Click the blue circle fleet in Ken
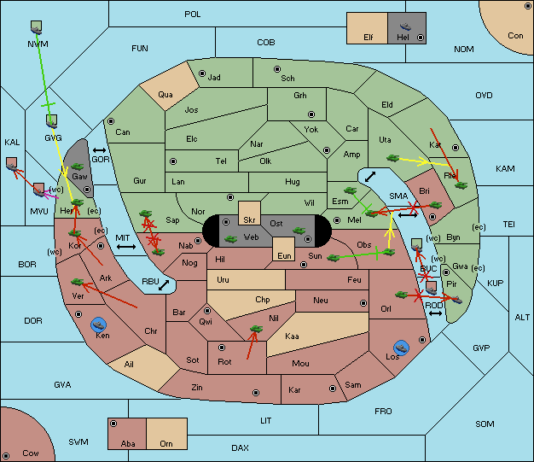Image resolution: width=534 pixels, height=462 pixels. pos(99,325)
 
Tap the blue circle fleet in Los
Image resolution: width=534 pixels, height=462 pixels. pos(402,348)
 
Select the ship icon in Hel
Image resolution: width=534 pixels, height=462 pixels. pos(405,26)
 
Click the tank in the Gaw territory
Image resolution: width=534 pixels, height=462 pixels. pos(78,167)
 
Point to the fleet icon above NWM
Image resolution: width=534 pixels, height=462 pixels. pos(36,27)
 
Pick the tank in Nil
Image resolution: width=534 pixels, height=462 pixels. pos(256,329)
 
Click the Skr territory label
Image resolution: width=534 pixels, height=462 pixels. pos(249,220)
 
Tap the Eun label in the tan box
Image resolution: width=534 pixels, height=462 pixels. pos(284,255)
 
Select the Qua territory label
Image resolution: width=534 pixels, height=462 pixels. pos(165,95)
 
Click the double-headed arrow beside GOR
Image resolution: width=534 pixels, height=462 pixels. pos(100,150)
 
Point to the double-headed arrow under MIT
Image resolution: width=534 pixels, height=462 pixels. pos(126,247)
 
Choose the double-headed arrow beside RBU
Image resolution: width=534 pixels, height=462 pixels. pos(164,285)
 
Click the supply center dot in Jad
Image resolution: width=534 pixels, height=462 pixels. pos(202,73)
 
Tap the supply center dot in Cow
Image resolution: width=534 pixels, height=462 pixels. pos(6,456)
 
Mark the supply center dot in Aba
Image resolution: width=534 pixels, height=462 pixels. pos(113,424)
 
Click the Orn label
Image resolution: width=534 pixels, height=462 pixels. pos(166,443)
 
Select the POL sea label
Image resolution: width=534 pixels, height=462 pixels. pos(193,15)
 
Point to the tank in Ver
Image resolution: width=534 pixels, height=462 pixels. pos(78,282)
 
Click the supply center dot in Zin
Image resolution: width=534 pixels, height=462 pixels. pos(256,393)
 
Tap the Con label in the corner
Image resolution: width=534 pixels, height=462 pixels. pos(515,36)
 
